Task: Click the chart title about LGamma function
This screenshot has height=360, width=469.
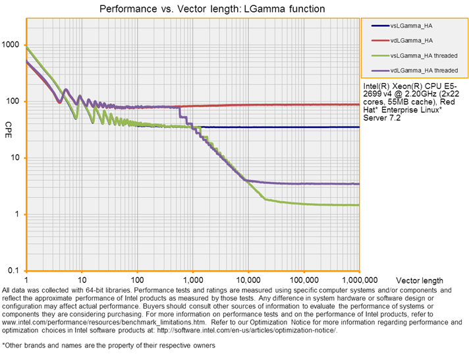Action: click(x=211, y=9)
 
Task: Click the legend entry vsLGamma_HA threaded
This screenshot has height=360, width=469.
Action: click(x=415, y=55)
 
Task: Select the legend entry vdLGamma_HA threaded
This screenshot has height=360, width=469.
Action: click(x=415, y=70)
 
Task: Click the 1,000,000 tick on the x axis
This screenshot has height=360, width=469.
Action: click(x=358, y=280)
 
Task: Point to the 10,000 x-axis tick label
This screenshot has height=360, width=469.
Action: click(x=248, y=280)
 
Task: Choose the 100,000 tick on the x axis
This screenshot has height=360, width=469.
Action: click(x=304, y=280)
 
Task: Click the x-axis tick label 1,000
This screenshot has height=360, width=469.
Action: click(x=192, y=280)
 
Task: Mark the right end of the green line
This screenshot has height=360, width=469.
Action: click(x=359, y=205)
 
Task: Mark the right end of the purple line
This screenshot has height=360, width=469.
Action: click(x=359, y=184)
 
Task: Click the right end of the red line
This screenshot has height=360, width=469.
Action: click(x=359, y=104)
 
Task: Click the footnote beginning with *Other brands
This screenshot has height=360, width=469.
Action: click(x=109, y=345)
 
